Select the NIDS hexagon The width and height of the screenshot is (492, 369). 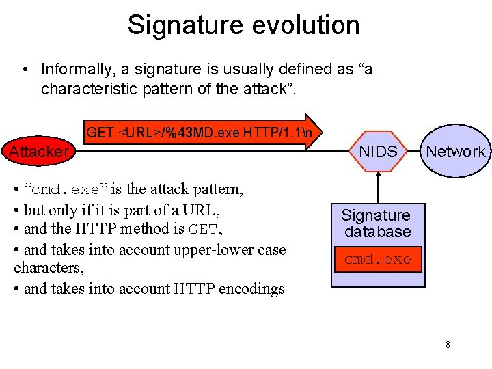point(378,152)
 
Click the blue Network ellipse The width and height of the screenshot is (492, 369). point(455,152)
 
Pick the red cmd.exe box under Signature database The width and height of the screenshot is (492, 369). point(378,260)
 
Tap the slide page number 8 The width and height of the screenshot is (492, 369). point(448,344)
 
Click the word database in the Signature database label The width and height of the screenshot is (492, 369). point(378,232)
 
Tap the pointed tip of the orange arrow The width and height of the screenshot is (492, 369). point(327,132)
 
